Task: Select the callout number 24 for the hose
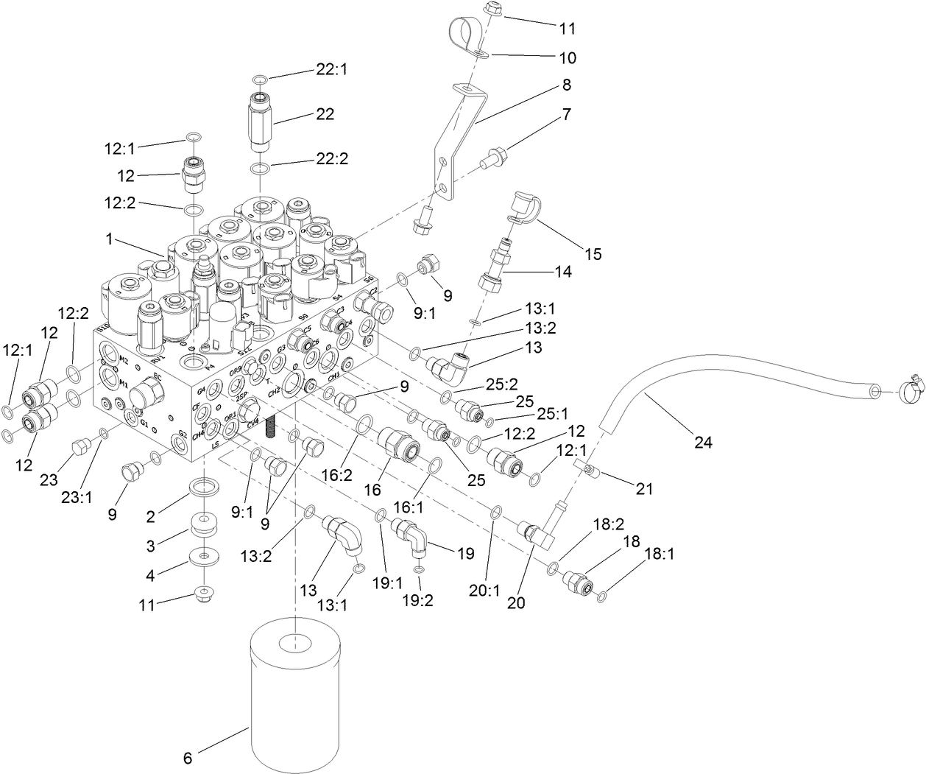pos(702,443)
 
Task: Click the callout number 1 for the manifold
pos(108,239)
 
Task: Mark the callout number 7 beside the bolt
pos(566,115)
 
